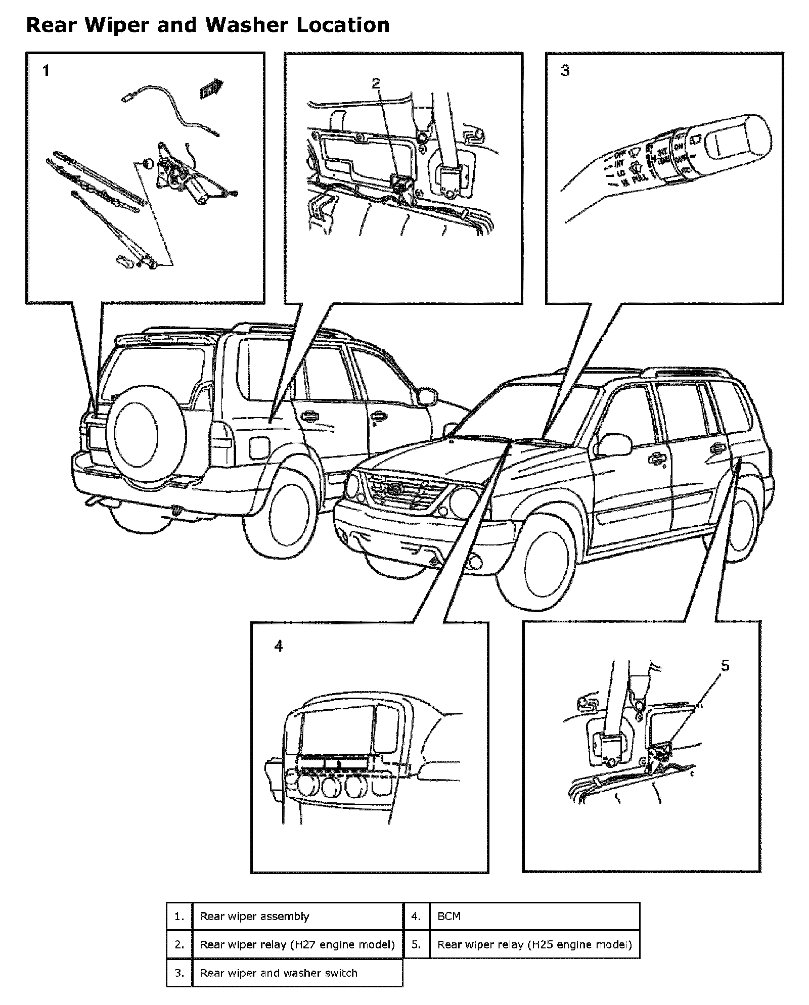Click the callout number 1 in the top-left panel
pyautogui.click(x=46, y=71)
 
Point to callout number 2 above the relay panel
pyautogui.click(x=376, y=83)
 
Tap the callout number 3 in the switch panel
pyautogui.click(x=565, y=71)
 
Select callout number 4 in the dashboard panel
pyautogui.click(x=279, y=646)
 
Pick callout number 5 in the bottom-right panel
pyautogui.click(x=725, y=666)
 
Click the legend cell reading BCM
pyautogui.click(x=449, y=916)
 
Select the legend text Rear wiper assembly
pyautogui.click(x=254, y=916)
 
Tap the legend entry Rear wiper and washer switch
pyautogui.click(x=279, y=973)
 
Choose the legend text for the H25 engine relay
pyautogui.click(x=534, y=944)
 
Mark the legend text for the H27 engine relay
pyautogui.click(x=297, y=944)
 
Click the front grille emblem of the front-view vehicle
pyautogui.click(x=393, y=489)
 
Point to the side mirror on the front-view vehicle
pyautogui.click(x=613, y=444)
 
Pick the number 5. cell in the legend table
pyautogui.click(x=416, y=944)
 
